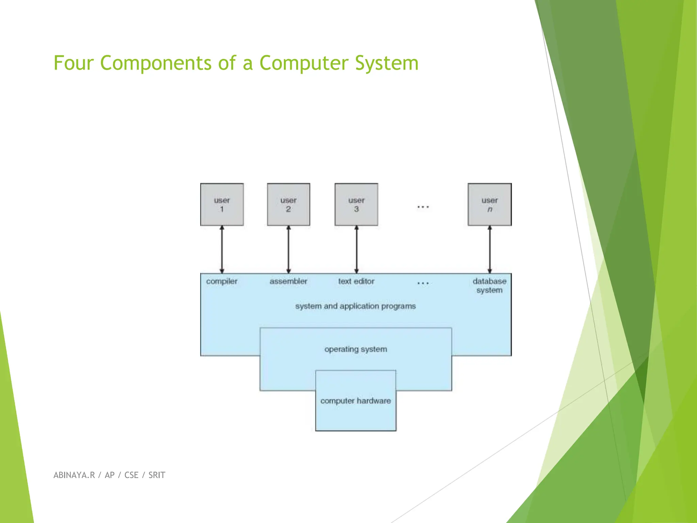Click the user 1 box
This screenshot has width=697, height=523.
[222, 204]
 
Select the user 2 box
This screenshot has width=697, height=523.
[289, 204]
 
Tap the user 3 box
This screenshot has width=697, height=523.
[356, 204]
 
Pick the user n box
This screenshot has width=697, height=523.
[490, 204]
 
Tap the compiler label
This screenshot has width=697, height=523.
[222, 281]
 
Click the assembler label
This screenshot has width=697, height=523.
[288, 281]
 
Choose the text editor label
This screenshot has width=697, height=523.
[356, 281]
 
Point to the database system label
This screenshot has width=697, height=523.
[489, 286]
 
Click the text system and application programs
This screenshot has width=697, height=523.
[355, 306]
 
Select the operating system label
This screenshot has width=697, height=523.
[356, 349]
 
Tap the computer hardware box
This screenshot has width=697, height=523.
[356, 401]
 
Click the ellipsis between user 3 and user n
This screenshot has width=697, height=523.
[423, 207]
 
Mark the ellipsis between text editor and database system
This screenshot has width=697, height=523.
[423, 283]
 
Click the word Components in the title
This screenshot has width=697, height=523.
[156, 63]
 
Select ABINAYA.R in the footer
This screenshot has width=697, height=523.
[74, 475]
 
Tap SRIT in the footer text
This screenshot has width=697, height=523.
[157, 475]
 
